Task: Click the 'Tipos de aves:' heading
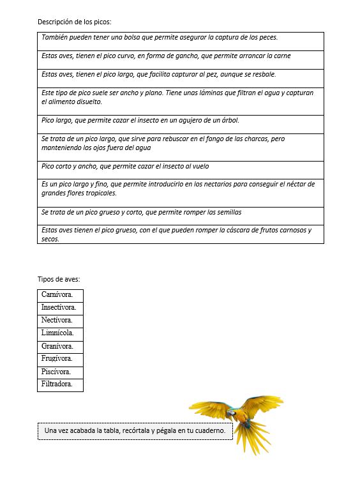pos(59,279)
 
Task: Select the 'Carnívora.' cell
pos(57,294)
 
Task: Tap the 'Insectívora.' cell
pos(59,307)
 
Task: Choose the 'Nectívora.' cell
pos(57,320)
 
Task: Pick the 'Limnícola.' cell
pos(58,333)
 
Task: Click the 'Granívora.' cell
pos(57,346)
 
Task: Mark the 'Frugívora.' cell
pos(57,359)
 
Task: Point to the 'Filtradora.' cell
pos(57,384)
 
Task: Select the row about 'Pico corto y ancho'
pos(180,166)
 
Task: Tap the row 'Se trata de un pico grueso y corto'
pos(180,212)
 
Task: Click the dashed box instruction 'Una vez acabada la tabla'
pos(135,431)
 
